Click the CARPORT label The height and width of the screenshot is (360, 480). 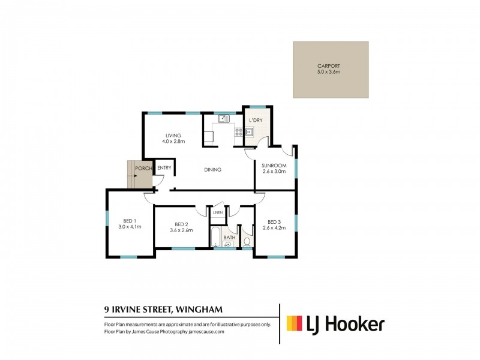(329, 66)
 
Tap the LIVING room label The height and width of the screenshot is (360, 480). (174, 136)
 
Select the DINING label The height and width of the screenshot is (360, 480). (212, 170)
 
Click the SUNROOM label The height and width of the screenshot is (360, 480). (274, 165)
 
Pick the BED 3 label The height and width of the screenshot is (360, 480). (274, 220)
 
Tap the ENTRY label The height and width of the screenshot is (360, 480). (164, 168)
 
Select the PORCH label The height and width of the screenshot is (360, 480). (143, 168)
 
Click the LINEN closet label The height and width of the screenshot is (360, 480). (217, 213)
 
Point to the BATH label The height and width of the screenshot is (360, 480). (229, 238)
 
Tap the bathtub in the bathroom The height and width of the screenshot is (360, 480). (215, 238)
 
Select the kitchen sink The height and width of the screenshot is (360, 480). (223, 119)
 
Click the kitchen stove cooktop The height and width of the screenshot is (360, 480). (238, 133)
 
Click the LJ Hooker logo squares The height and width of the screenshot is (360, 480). (294, 324)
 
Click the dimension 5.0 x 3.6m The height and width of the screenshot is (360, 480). (329, 72)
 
